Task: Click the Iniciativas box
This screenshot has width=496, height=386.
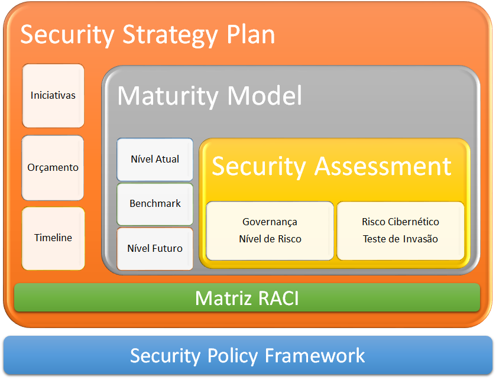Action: coord(53,96)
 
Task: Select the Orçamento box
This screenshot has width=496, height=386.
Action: coord(53,168)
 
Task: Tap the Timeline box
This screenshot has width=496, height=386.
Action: coord(53,239)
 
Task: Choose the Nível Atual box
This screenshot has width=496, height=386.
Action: coord(155,159)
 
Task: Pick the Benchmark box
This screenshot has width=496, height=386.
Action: coord(155,204)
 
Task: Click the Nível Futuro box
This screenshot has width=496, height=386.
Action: coord(155,249)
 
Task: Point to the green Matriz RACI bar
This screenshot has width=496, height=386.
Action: coord(247,298)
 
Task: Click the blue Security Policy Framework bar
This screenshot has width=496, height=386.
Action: coord(248,355)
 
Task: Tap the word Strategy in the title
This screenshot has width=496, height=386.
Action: coord(170,35)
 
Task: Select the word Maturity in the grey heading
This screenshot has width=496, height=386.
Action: coord(168,96)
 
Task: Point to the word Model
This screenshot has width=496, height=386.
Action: coord(265,95)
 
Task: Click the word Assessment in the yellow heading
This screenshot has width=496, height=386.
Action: coord(382,166)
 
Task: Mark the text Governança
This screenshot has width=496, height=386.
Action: coord(270,222)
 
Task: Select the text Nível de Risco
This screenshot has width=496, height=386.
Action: coord(270,239)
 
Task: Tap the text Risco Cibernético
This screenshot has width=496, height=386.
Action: coord(400,222)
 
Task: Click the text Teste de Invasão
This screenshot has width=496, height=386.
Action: coord(400,239)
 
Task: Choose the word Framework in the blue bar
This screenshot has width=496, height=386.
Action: coord(315,355)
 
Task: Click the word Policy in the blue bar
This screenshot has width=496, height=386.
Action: coord(232,356)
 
